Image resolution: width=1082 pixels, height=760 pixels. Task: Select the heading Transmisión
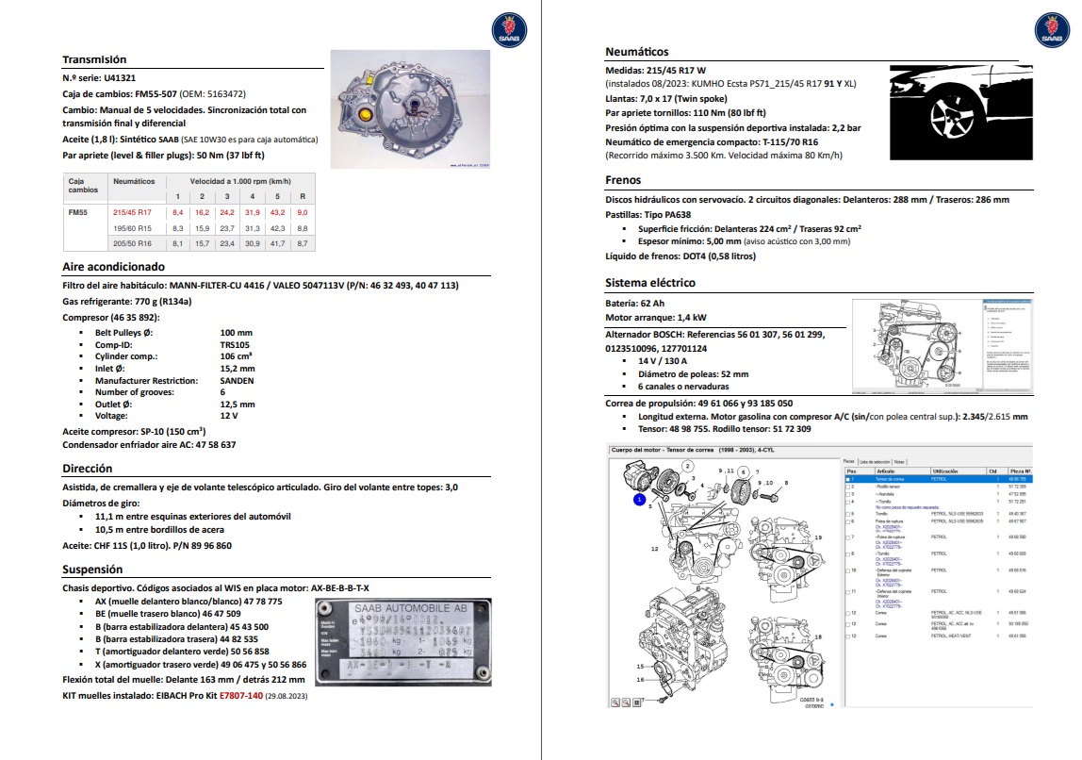click(x=94, y=59)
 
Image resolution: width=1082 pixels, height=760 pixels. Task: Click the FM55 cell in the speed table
click(x=78, y=213)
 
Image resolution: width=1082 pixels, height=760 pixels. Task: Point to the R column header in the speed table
click(x=302, y=196)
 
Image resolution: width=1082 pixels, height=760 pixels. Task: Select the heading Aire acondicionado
click(x=113, y=267)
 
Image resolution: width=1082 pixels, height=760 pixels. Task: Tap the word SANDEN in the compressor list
click(x=237, y=381)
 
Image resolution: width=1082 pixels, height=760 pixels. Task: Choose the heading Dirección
click(x=88, y=468)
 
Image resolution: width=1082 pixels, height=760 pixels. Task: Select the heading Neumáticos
click(x=637, y=52)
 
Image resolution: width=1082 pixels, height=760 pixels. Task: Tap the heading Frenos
click(x=623, y=180)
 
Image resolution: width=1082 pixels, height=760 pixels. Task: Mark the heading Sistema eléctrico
click(x=650, y=283)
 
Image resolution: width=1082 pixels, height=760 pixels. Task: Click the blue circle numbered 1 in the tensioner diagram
click(x=639, y=500)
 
